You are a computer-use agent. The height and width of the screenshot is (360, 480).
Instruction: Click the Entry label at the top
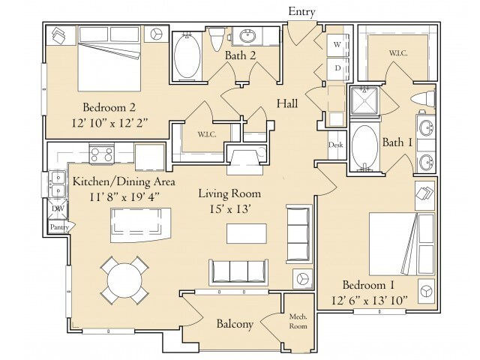(301, 12)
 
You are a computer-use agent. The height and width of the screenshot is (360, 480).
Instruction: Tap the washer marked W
(337, 45)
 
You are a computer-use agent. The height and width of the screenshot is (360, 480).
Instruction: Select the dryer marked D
(337, 68)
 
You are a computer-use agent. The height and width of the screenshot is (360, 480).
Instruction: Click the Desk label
(336, 145)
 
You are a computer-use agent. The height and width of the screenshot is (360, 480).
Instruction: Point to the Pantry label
(59, 227)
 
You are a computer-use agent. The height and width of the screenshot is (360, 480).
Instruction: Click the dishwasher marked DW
(58, 208)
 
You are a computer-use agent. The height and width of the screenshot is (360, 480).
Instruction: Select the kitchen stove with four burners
(101, 154)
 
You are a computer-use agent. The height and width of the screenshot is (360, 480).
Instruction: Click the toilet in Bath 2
(217, 39)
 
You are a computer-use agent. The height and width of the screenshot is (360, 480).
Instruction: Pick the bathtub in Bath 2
(187, 57)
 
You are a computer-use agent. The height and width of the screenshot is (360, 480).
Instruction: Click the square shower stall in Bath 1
(364, 100)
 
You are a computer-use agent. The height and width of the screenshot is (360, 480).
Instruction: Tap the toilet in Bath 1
(423, 99)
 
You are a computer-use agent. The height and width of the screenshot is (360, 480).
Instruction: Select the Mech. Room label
(298, 321)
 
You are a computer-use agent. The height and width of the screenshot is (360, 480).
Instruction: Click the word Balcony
(235, 324)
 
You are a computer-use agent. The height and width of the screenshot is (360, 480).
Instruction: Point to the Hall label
(287, 103)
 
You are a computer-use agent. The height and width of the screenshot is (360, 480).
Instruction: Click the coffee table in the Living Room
(247, 233)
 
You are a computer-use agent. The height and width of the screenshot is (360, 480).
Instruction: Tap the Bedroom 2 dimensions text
(109, 123)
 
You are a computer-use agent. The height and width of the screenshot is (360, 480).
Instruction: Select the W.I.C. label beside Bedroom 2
(207, 134)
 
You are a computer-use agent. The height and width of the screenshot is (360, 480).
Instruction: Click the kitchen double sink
(57, 184)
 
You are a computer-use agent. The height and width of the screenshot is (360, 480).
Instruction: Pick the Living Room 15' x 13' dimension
(230, 209)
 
